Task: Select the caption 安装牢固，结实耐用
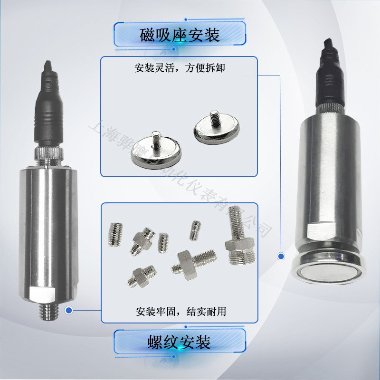tap(180, 312)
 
